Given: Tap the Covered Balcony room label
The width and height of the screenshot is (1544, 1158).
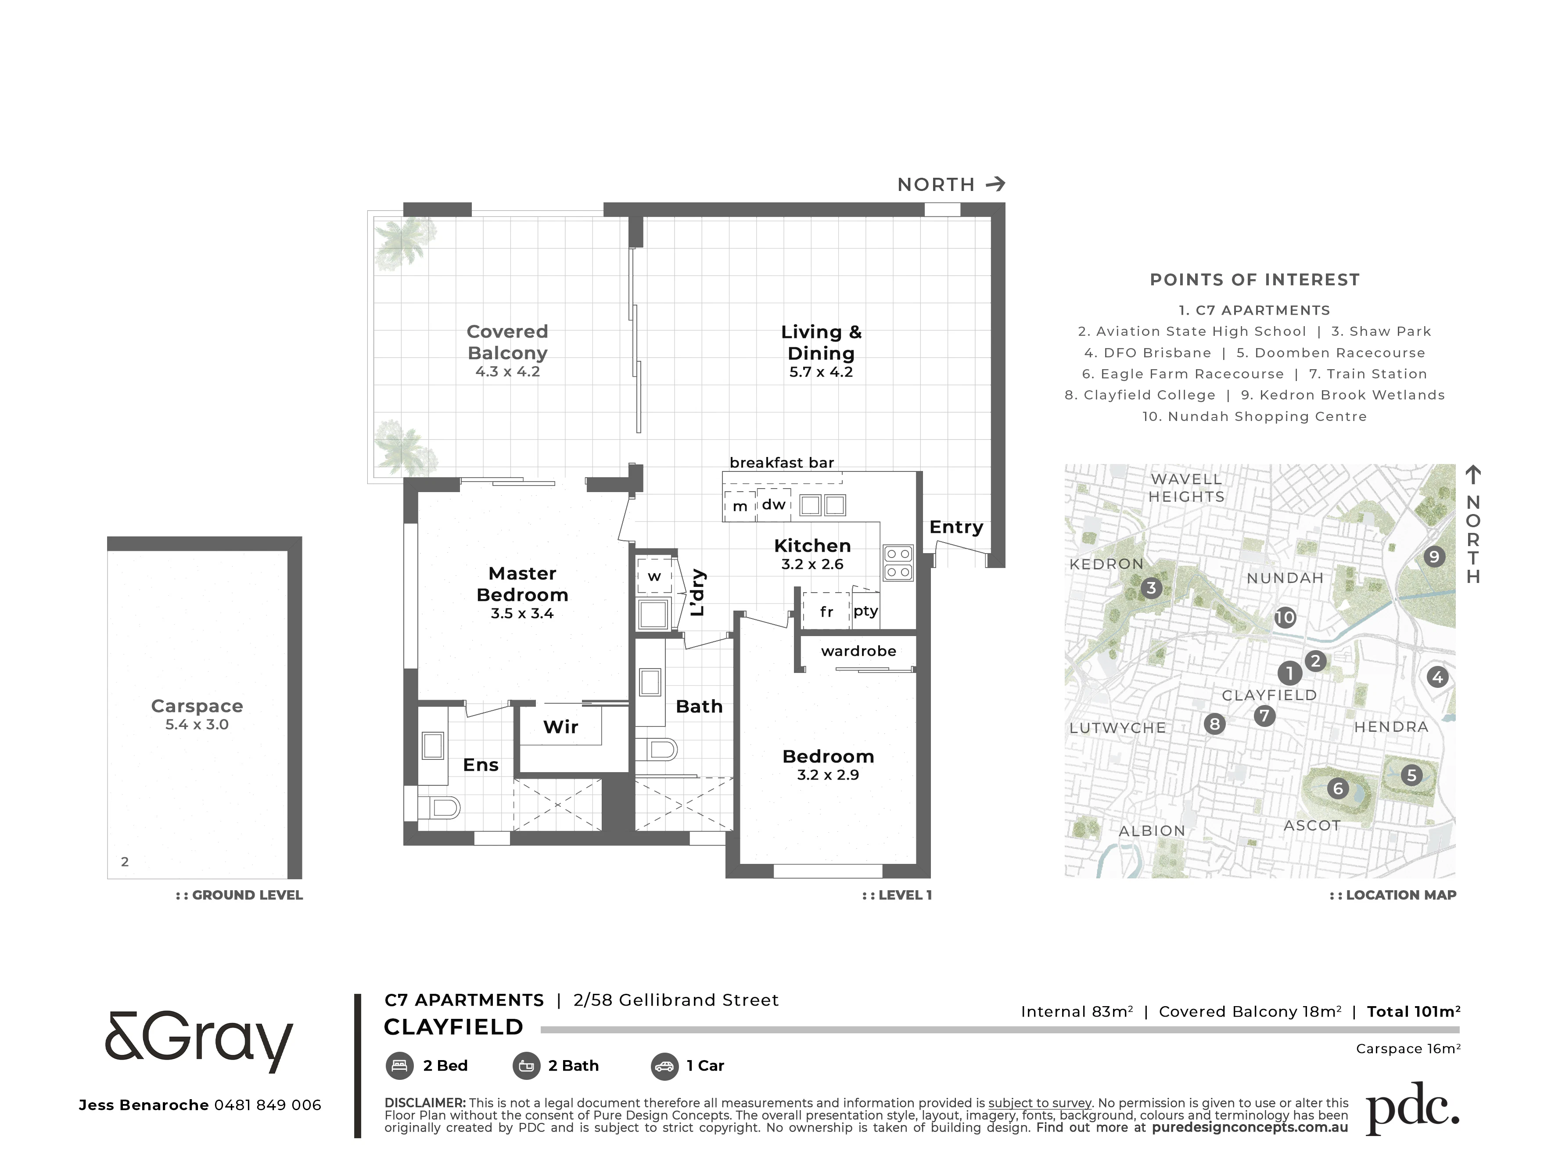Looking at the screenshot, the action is click(507, 342).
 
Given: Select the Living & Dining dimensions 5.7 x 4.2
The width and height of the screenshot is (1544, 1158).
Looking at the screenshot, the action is click(821, 372).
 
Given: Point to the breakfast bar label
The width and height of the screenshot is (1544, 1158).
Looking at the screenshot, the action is click(782, 462).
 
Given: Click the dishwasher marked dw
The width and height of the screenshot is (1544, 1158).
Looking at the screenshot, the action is click(773, 504).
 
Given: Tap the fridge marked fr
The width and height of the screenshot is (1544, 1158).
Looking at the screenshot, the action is click(826, 611).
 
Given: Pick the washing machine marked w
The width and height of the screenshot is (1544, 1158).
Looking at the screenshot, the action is click(654, 576).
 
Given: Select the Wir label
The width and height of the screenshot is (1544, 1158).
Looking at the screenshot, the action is click(560, 726).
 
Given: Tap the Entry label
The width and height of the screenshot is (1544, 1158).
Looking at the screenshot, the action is click(956, 527).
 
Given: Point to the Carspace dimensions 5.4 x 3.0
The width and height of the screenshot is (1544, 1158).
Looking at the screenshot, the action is click(197, 725).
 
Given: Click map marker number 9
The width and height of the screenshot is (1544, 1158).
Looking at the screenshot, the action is click(1434, 556).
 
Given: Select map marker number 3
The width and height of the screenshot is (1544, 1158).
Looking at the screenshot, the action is click(1152, 588).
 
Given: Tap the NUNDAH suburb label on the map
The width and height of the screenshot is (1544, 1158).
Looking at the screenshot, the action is click(1285, 578).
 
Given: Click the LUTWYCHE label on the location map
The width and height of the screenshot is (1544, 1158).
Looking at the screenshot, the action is click(1117, 728).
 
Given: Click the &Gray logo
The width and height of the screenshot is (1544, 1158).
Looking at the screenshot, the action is click(199, 1043).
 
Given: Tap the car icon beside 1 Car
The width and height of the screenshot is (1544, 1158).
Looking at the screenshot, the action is click(664, 1066).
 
